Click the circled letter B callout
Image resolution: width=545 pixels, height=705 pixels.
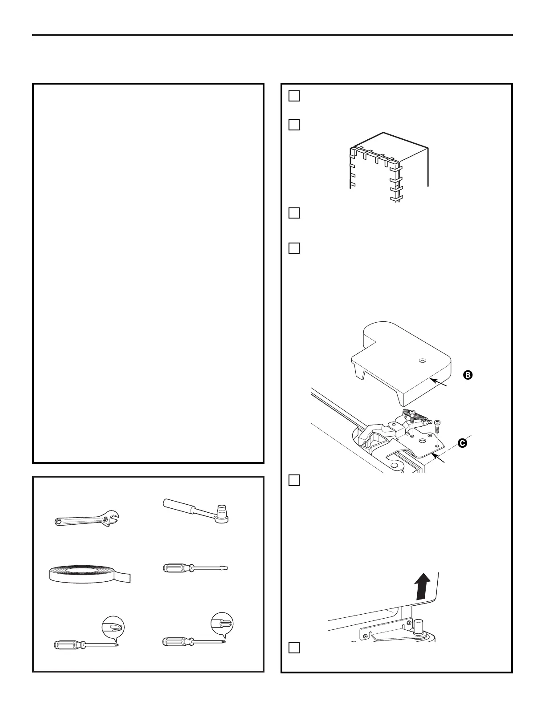pos(468,375)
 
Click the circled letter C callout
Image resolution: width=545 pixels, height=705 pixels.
pos(463,443)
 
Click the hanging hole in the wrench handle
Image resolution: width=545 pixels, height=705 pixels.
pos(58,522)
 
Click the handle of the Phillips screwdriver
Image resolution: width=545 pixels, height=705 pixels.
pos(67,644)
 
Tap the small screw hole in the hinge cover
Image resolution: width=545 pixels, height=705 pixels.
pos(422,361)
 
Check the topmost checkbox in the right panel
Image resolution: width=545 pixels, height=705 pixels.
pos(294,96)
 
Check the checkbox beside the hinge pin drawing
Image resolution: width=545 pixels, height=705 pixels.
pos(294,648)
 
